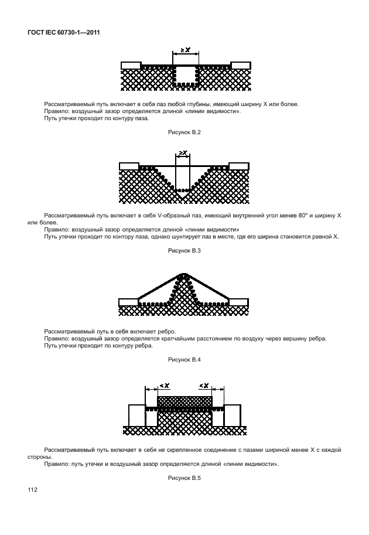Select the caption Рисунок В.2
pos(184,133)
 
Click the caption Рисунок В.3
pos(184,251)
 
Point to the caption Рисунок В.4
pos(184,359)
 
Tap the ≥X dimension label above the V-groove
pos(183,154)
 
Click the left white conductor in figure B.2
pos(131,64)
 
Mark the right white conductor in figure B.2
pos(240,64)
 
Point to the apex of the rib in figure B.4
pos(184,274)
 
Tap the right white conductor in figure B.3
pos(239,166)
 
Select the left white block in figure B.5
pos(137,415)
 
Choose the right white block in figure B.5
pos(233,415)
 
